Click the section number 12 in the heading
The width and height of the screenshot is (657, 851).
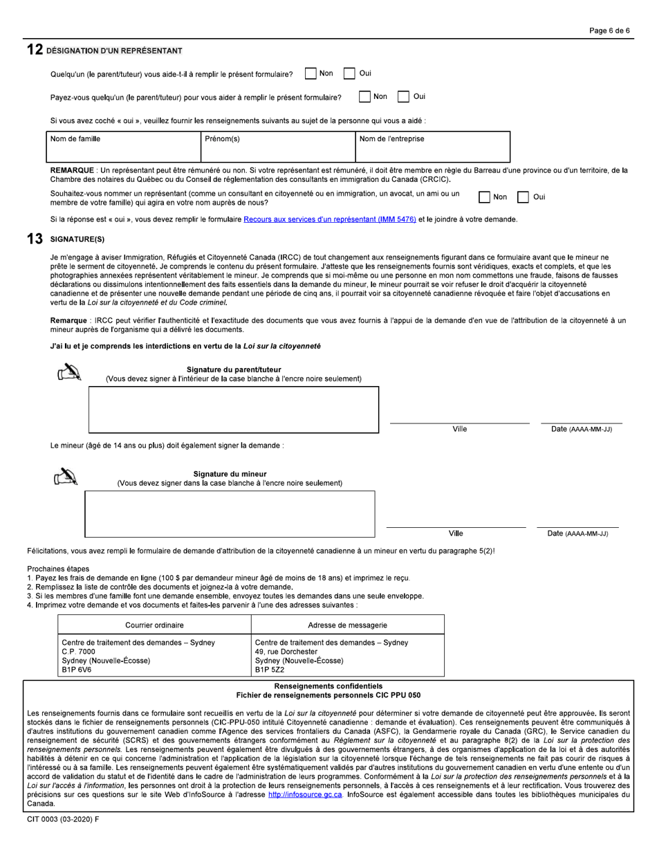pyautogui.click(x=35, y=51)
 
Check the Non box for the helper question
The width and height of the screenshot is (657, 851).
pyautogui.click(x=311, y=74)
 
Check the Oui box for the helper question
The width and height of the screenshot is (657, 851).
pyautogui.click(x=349, y=74)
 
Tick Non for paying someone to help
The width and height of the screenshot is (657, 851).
pyautogui.click(x=364, y=97)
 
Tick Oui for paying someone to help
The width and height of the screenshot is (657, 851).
pyautogui.click(x=404, y=97)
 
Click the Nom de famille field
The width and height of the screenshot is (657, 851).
pyautogui.click(x=124, y=147)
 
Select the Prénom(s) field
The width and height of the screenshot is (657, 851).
pyautogui.click(x=277, y=147)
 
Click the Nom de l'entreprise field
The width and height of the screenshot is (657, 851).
pyautogui.click(x=432, y=147)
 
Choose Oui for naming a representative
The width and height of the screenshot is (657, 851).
pyautogui.click(x=524, y=197)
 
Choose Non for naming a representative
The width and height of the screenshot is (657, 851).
pyautogui.click(x=484, y=197)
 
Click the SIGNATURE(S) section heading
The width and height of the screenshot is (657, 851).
pyautogui.click(x=77, y=239)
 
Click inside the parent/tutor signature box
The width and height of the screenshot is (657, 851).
pyautogui.click(x=234, y=410)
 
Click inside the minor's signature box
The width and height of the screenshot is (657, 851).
pyautogui.click(x=230, y=514)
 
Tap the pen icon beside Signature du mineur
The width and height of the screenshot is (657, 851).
pyautogui.click(x=67, y=477)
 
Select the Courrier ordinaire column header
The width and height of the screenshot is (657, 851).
pyautogui.click(x=154, y=625)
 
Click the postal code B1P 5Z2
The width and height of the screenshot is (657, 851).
pyautogui.click(x=270, y=670)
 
